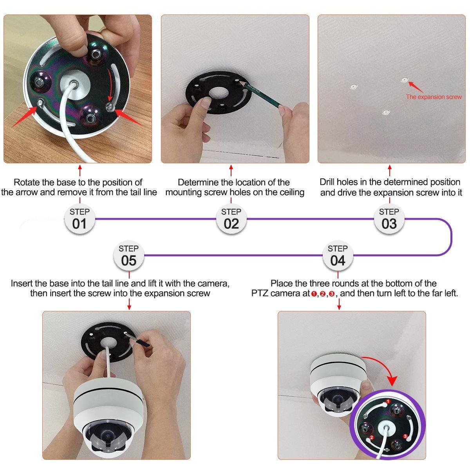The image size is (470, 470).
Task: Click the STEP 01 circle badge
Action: (x=80, y=219)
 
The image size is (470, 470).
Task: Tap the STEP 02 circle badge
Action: (x=231, y=219)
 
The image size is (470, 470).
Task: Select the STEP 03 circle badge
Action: (x=389, y=219)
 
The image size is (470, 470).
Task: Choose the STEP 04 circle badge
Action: (x=338, y=255)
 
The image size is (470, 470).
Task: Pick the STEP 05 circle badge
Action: (x=129, y=255)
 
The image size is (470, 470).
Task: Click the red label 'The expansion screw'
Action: (x=434, y=97)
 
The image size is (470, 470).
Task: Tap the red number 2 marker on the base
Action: (x=371, y=437)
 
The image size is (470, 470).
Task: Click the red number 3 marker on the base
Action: (x=405, y=436)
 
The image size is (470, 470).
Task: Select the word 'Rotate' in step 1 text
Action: (x=27, y=182)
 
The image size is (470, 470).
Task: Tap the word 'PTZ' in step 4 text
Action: (x=260, y=293)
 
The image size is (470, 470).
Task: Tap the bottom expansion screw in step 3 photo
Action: (x=385, y=112)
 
